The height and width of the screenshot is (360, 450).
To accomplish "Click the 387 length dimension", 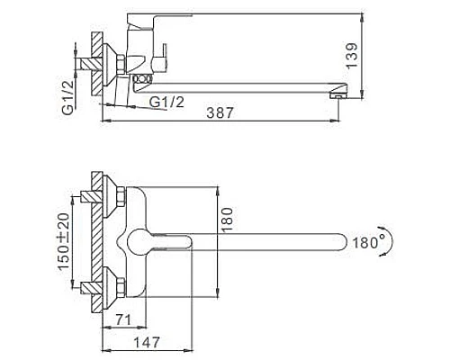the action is pyautogui.click(x=220, y=112).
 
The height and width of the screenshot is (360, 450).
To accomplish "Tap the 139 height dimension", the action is pyautogui.click(x=352, y=56).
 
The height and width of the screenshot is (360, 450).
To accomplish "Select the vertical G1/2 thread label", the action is pyautogui.click(x=68, y=97).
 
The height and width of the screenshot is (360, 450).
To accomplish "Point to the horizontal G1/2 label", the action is pyautogui.click(x=166, y=102).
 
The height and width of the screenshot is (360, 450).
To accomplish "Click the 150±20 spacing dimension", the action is pyautogui.click(x=64, y=241).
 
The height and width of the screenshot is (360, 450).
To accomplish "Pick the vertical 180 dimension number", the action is pyautogui.click(x=227, y=220).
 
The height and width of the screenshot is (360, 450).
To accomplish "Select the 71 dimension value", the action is pyautogui.click(x=123, y=319).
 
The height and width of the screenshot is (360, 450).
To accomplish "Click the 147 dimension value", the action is pyautogui.click(x=147, y=342).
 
